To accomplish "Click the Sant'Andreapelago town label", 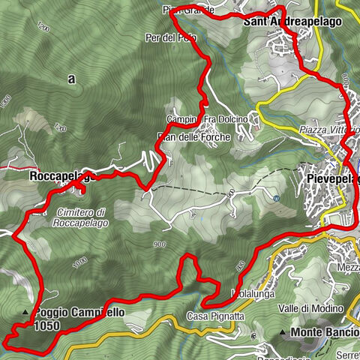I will (x=292, y=22).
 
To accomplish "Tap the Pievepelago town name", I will (x=332, y=179).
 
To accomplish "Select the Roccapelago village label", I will (x=60, y=177).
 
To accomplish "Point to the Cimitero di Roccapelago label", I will (x=80, y=217).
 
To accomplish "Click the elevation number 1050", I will (x=46, y=326).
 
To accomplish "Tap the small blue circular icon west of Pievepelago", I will (x=277, y=199).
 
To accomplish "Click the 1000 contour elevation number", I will (x=81, y=260).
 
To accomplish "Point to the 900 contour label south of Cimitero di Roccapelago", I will (x=158, y=244).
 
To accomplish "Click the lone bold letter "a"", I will (x=72, y=78).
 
